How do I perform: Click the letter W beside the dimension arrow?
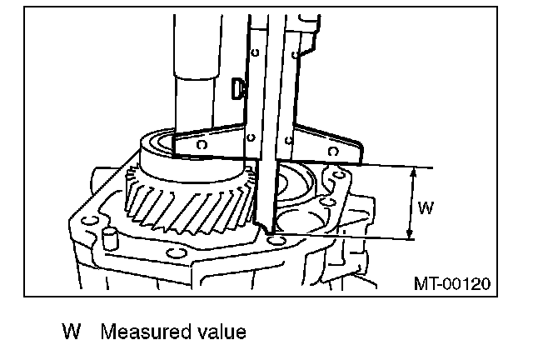(425, 208)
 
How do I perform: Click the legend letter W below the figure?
(72, 332)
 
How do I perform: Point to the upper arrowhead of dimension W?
(410, 171)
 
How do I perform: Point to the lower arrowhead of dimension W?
(410, 235)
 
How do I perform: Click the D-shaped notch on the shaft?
(238, 85)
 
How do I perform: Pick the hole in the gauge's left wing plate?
(200, 142)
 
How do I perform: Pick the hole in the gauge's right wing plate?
(333, 151)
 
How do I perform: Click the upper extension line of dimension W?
(391, 165)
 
